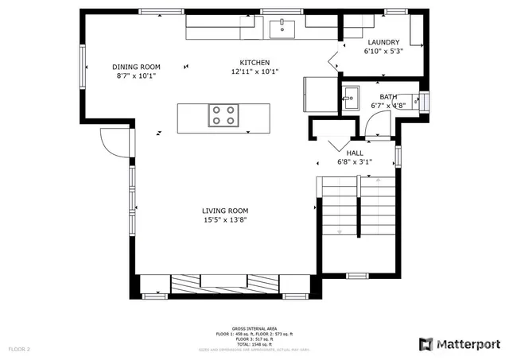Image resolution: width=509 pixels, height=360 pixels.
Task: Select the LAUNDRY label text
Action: pyautogui.click(x=383, y=42)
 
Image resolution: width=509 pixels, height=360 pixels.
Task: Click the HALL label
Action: pyautogui.click(x=355, y=153)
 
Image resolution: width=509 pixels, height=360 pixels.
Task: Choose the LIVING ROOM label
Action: pyautogui.click(x=225, y=211)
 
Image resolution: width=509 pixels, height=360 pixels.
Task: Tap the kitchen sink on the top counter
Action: pyautogui.click(x=282, y=29)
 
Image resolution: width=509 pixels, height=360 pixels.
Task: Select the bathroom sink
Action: pyautogui.click(x=350, y=99)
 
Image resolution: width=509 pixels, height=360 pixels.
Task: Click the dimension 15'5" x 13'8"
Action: pyautogui.click(x=225, y=220)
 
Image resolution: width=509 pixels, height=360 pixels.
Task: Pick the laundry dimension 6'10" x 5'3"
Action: pyautogui.click(x=383, y=51)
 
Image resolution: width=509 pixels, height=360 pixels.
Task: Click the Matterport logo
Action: pyautogui.click(x=460, y=343)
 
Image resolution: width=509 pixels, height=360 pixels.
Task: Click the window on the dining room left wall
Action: pyautogui.click(x=82, y=66)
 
